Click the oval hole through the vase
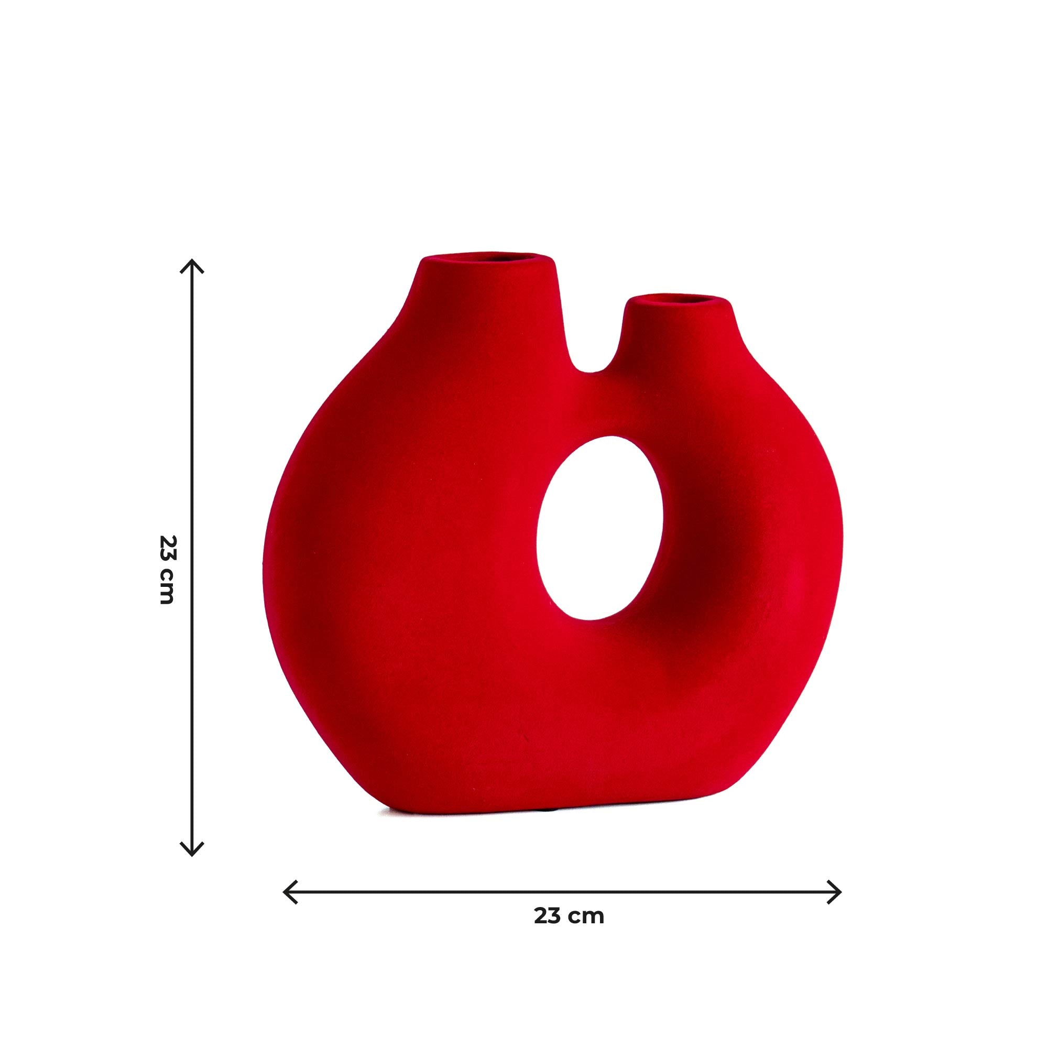pos(599,528)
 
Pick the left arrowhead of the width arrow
pos(290,892)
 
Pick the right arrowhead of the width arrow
pos(835,892)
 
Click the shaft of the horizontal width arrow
pos(434,892)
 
